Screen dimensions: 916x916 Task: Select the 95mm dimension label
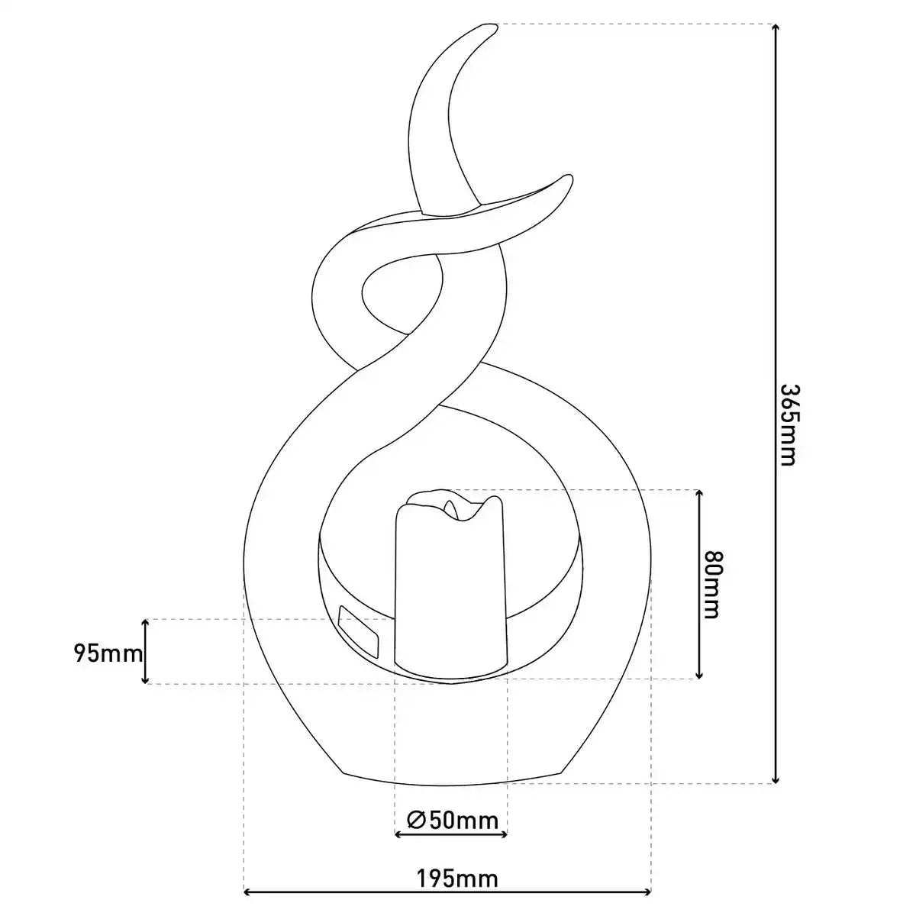108,653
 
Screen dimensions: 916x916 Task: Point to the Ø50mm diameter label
453,820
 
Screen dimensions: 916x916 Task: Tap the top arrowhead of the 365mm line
776,27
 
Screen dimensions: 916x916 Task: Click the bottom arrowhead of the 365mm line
776,779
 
